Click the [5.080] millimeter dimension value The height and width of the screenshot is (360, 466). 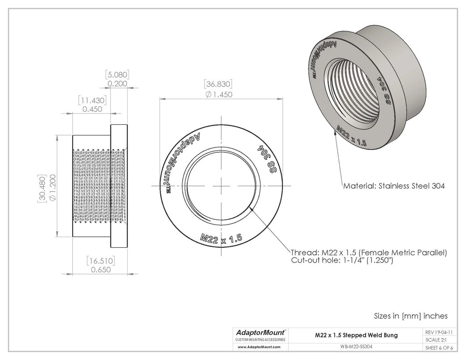pos(117,75)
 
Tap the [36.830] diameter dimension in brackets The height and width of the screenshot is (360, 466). pos(218,84)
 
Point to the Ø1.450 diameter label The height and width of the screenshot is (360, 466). pos(218,94)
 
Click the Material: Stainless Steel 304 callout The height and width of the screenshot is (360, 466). pos(394,186)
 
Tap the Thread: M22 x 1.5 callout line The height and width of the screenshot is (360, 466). pos(369,252)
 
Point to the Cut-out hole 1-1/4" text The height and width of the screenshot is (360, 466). pos(343,261)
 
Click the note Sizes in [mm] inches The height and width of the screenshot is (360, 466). pos(411,316)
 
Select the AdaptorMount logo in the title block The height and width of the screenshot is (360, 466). pos(260,333)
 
